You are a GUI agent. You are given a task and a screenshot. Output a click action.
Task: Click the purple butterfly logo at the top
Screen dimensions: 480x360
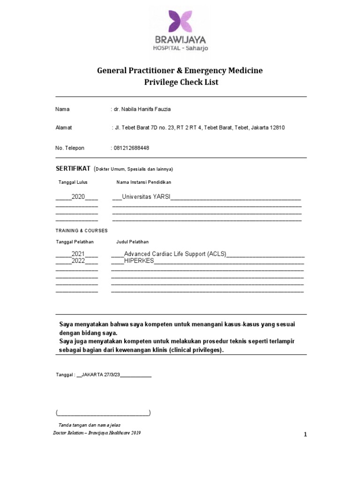tap(180, 21)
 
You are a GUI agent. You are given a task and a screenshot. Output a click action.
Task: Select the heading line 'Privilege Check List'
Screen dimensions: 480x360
tap(180, 82)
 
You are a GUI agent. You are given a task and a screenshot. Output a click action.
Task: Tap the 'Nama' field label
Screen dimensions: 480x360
tap(62, 109)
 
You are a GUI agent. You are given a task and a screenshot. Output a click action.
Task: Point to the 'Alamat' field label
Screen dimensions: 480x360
tap(64, 127)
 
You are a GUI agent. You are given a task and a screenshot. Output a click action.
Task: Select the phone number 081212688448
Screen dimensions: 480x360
tap(131, 148)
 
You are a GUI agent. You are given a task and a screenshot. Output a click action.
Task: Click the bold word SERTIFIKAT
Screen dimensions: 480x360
tap(73, 168)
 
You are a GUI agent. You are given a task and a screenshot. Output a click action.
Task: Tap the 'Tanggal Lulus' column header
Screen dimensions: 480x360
tap(73, 182)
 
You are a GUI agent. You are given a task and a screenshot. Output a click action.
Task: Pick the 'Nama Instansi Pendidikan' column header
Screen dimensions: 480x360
tap(143, 182)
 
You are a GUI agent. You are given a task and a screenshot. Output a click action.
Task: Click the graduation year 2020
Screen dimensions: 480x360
tap(78, 197)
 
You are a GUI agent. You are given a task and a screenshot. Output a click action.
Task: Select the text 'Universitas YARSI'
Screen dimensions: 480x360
tap(146, 197)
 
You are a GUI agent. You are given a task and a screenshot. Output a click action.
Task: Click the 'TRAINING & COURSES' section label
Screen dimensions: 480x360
tap(82, 231)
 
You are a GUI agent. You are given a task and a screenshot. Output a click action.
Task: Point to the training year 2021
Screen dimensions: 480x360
tap(78, 254)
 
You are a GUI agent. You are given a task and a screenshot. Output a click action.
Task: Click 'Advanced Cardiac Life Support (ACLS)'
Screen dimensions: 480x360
tap(175, 254)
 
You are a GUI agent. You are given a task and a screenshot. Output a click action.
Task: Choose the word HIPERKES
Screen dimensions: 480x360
tap(139, 261)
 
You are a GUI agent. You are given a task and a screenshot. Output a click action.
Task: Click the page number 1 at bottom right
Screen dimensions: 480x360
tap(305, 435)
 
